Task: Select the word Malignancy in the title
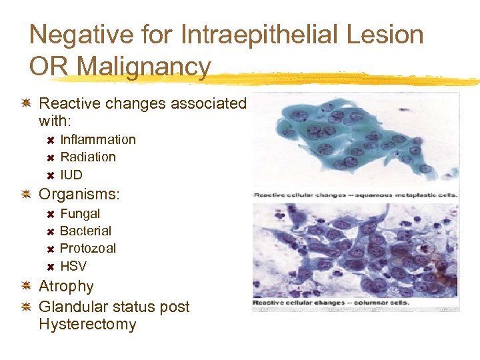(143, 67)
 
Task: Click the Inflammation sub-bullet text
(98, 139)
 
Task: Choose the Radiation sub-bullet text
(88, 157)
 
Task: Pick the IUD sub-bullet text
(71, 175)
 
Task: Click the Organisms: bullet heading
(79, 195)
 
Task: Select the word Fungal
(80, 213)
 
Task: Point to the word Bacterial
(85, 231)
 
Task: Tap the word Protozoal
(88, 248)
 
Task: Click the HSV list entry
(73, 266)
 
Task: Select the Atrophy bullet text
(66, 286)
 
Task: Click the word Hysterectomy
(87, 325)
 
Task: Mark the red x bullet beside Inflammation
(50, 140)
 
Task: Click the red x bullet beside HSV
(50, 266)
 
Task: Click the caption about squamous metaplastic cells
(355, 195)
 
